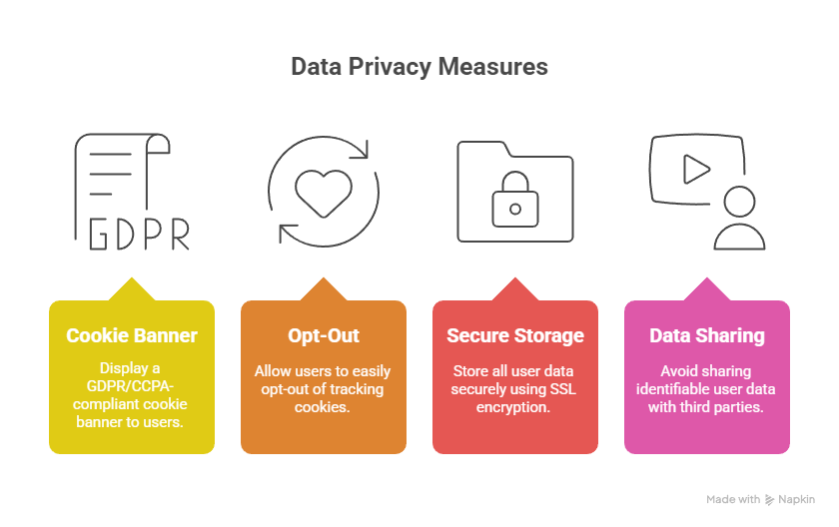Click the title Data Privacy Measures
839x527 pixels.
coord(419,67)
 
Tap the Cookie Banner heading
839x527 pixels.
coord(131,335)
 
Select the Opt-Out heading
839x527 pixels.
coord(323,335)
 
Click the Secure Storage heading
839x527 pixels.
coord(514,335)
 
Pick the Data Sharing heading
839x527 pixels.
coord(706,335)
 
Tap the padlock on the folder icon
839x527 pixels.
coord(515,200)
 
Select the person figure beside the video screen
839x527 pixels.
coord(739,219)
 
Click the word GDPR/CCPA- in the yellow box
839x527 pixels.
coord(131,388)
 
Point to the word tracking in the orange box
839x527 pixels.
coord(356,388)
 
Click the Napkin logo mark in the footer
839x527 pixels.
coord(769,499)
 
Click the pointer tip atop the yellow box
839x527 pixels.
coord(131,279)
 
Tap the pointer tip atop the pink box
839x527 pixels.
coord(706,279)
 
